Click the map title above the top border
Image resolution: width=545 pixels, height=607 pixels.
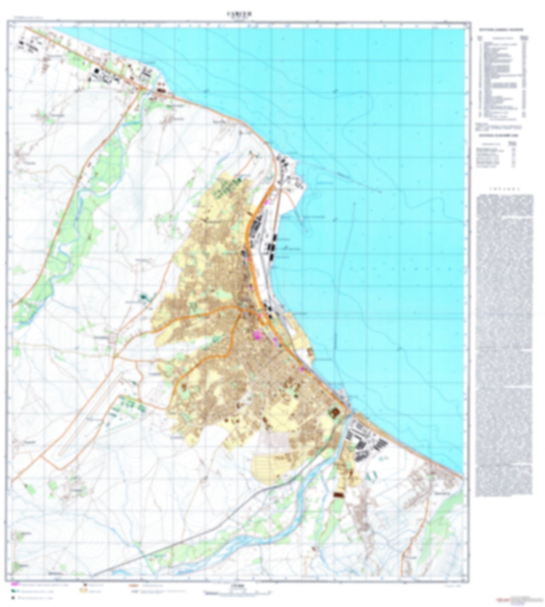(239, 14)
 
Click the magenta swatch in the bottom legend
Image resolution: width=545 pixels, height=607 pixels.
(15, 584)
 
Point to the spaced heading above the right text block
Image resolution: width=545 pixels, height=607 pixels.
(505, 189)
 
